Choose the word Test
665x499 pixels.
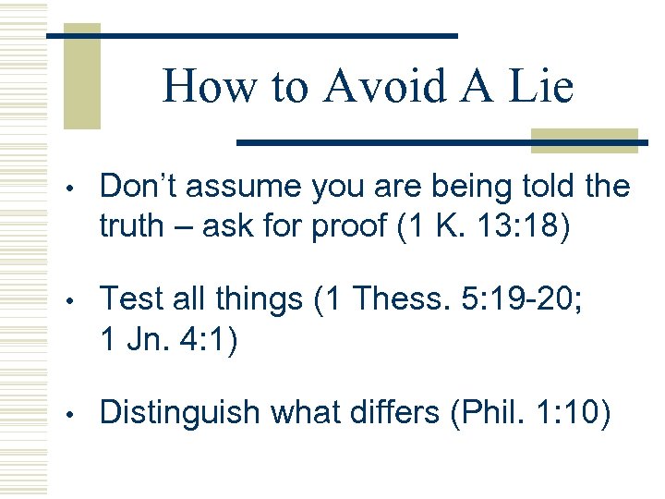(x=130, y=299)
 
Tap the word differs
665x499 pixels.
(x=398, y=412)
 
